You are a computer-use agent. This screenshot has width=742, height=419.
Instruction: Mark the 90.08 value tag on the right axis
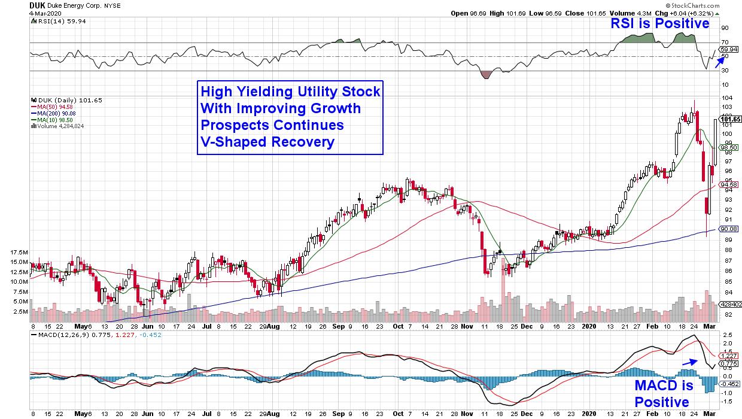coord(731,229)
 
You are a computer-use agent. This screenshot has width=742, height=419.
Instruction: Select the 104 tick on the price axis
coord(726,98)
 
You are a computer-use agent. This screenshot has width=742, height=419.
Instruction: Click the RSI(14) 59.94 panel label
coord(53,20)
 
